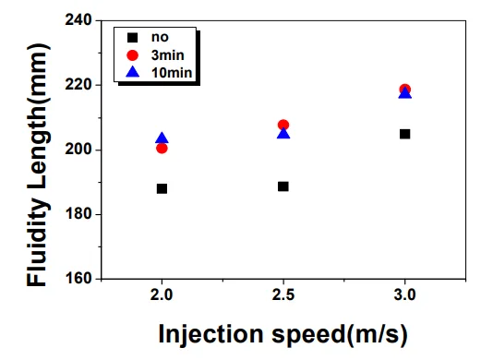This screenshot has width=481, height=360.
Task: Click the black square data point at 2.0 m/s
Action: click(x=162, y=188)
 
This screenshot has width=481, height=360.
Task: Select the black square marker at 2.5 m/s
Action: click(x=283, y=186)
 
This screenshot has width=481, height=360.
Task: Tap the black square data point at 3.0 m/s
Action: click(x=404, y=134)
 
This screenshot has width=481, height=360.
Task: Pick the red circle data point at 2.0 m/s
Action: click(x=162, y=149)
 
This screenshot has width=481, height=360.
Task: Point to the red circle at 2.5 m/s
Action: click(x=283, y=125)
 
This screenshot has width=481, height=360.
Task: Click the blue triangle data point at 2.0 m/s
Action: click(x=162, y=138)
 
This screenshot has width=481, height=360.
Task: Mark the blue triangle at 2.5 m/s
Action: click(x=283, y=134)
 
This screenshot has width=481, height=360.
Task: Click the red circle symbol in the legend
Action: click(x=133, y=54)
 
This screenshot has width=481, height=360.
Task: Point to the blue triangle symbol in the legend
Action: click(x=133, y=69)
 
